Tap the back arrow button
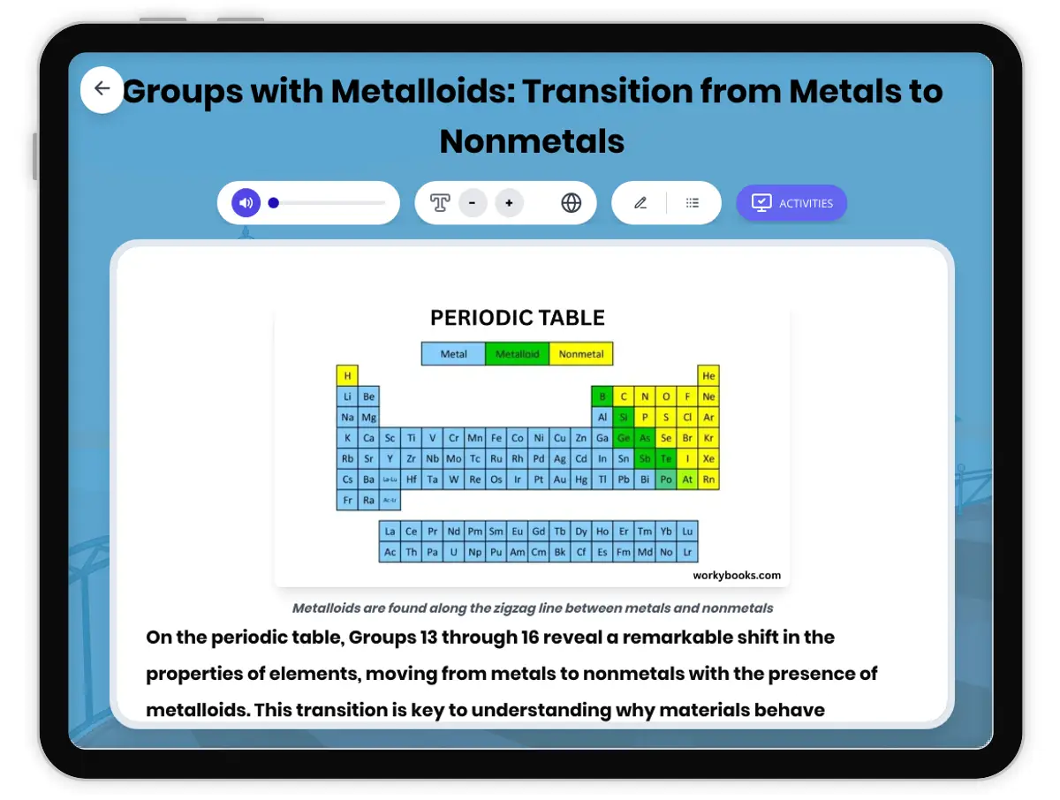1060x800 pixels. click(x=102, y=88)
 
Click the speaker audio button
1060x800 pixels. click(x=246, y=203)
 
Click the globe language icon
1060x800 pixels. click(x=572, y=203)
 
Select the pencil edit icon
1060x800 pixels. click(x=640, y=203)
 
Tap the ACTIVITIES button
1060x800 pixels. click(x=791, y=203)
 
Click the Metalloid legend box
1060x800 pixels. click(x=517, y=354)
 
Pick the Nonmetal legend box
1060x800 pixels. click(x=581, y=354)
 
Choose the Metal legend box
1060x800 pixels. click(x=453, y=354)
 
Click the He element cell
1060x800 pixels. click(x=708, y=375)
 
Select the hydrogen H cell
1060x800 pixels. click(x=347, y=375)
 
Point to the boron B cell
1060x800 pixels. click(x=602, y=396)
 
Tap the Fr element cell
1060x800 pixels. click(x=347, y=501)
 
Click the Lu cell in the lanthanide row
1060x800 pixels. click(x=687, y=532)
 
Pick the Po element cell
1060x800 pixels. click(x=666, y=479)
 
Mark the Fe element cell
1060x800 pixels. click(x=496, y=438)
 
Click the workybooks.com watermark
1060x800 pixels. click(x=737, y=576)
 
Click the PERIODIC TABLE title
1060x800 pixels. click(x=518, y=318)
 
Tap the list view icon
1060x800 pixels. click(x=693, y=203)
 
